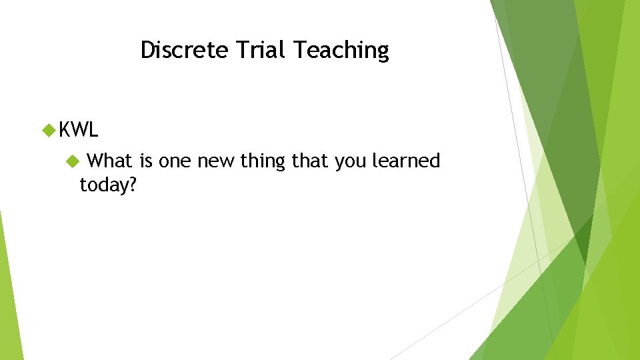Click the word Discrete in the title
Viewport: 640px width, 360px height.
pyautogui.click(x=184, y=50)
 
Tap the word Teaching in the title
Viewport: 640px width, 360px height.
pyautogui.click(x=341, y=50)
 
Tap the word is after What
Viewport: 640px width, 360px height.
pyautogui.click(x=146, y=161)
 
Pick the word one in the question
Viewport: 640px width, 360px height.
pyautogui.click(x=175, y=161)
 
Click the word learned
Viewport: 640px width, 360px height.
pyautogui.click(x=407, y=161)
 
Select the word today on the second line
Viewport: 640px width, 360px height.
pyautogui.click(x=103, y=185)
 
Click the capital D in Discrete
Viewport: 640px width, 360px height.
pyautogui.click(x=147, y=50)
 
